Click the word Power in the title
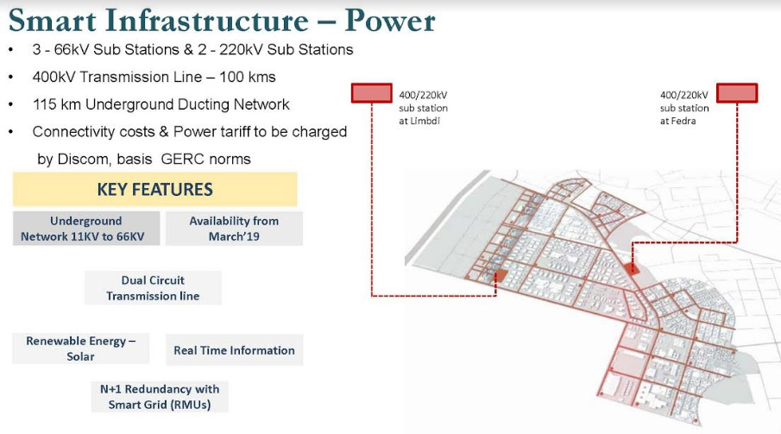click(390, 21)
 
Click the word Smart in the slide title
click(53, 21)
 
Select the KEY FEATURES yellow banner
click(154, 189)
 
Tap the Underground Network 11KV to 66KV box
click(86, 228)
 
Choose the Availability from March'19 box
click(234, 228)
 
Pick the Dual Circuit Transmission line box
click(153, 288)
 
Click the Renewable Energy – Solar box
click(81, 349)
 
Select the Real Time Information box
click(234, 349)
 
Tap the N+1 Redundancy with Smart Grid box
click(160, 397)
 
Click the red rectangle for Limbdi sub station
click(372, 93)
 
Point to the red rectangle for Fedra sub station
click(737, 93)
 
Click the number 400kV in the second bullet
click(54, 78)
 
